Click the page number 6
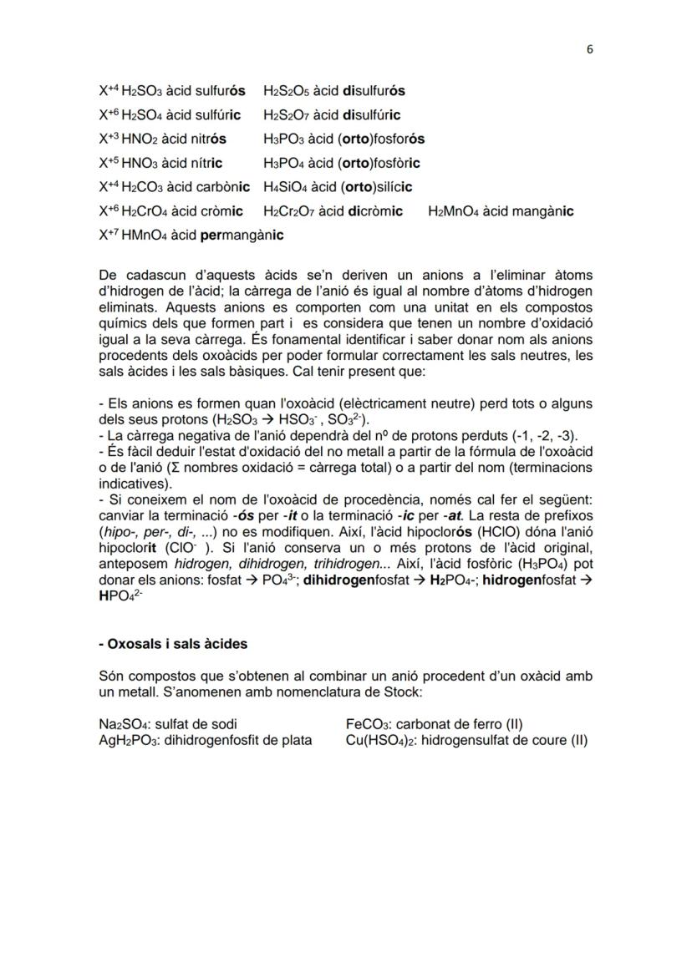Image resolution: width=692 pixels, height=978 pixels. [x=589, y=49]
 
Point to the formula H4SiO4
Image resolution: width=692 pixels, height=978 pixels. [x=285, y=187]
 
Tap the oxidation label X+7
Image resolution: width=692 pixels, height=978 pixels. [x=109, y=235]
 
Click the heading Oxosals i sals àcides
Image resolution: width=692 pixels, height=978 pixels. [x=173, y=644]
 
